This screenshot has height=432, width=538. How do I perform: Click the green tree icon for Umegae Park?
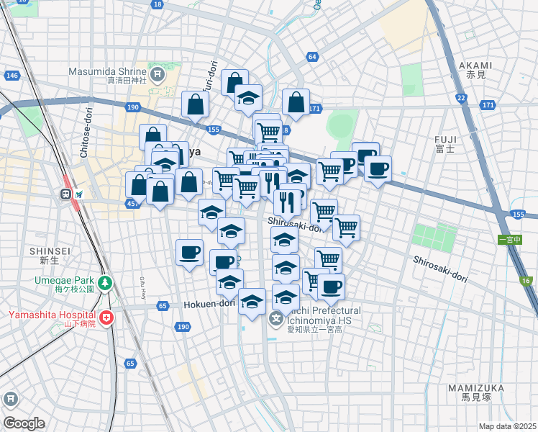(x=106, y=283)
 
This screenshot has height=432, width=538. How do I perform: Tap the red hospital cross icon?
(x=106, y=317)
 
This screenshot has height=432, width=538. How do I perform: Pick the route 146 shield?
(x=12, y=76)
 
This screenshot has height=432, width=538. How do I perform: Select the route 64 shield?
(x=311, y=56)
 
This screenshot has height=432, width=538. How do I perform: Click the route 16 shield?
(x=526, y=281)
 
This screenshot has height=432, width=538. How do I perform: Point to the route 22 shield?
(x=460, y=98)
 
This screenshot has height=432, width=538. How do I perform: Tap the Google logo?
(x=24, y=423)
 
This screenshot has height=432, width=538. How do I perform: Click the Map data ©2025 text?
(x=507, y=426)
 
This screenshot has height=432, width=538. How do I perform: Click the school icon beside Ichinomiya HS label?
(x=276, y=318)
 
